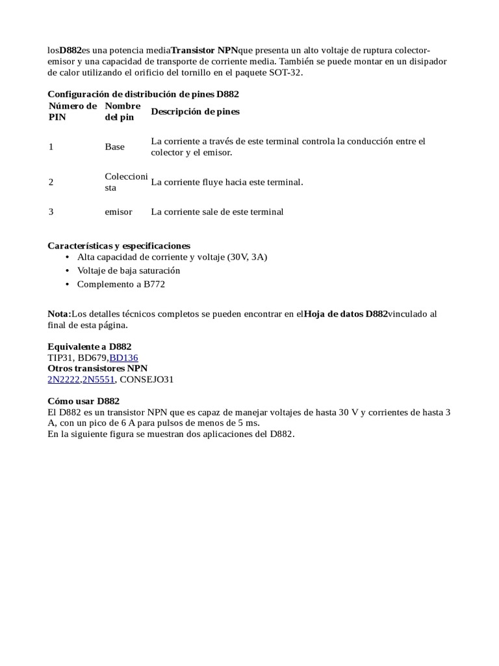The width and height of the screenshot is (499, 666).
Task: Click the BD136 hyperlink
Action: pyautogui.click(x=124, y=357)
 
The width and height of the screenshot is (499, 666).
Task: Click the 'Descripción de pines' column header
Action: pyautogui.click(x=195, y=111)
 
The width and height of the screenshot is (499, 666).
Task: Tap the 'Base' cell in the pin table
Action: pyautogui.click(x=114, y=146)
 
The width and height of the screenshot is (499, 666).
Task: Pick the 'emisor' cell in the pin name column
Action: pyautogui.click(x=118, y=211)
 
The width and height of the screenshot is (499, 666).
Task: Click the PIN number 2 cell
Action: pyautogui.click(x=51, y=182)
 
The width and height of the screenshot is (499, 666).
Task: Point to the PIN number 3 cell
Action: pyautogui.click(x=51, y=211)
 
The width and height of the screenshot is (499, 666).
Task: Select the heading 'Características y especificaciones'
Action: pyautogui.click(x=119, y=246)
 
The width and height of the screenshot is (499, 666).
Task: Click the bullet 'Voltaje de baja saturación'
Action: pyautogui.click(x=129, y=270)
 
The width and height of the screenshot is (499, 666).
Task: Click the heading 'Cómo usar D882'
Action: pyautogui.click(x=84, y=401)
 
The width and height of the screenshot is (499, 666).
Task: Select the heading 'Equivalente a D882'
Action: pyautogui.click(x=90, y=347)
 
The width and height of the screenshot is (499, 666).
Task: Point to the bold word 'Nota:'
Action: pyautogui.click(x=60, y=313)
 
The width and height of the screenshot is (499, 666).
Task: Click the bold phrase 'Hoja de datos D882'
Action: pyautogui.click(x=346, y=313)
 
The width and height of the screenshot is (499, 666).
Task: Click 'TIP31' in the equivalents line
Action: pyautogui.click(x=60, y=357)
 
